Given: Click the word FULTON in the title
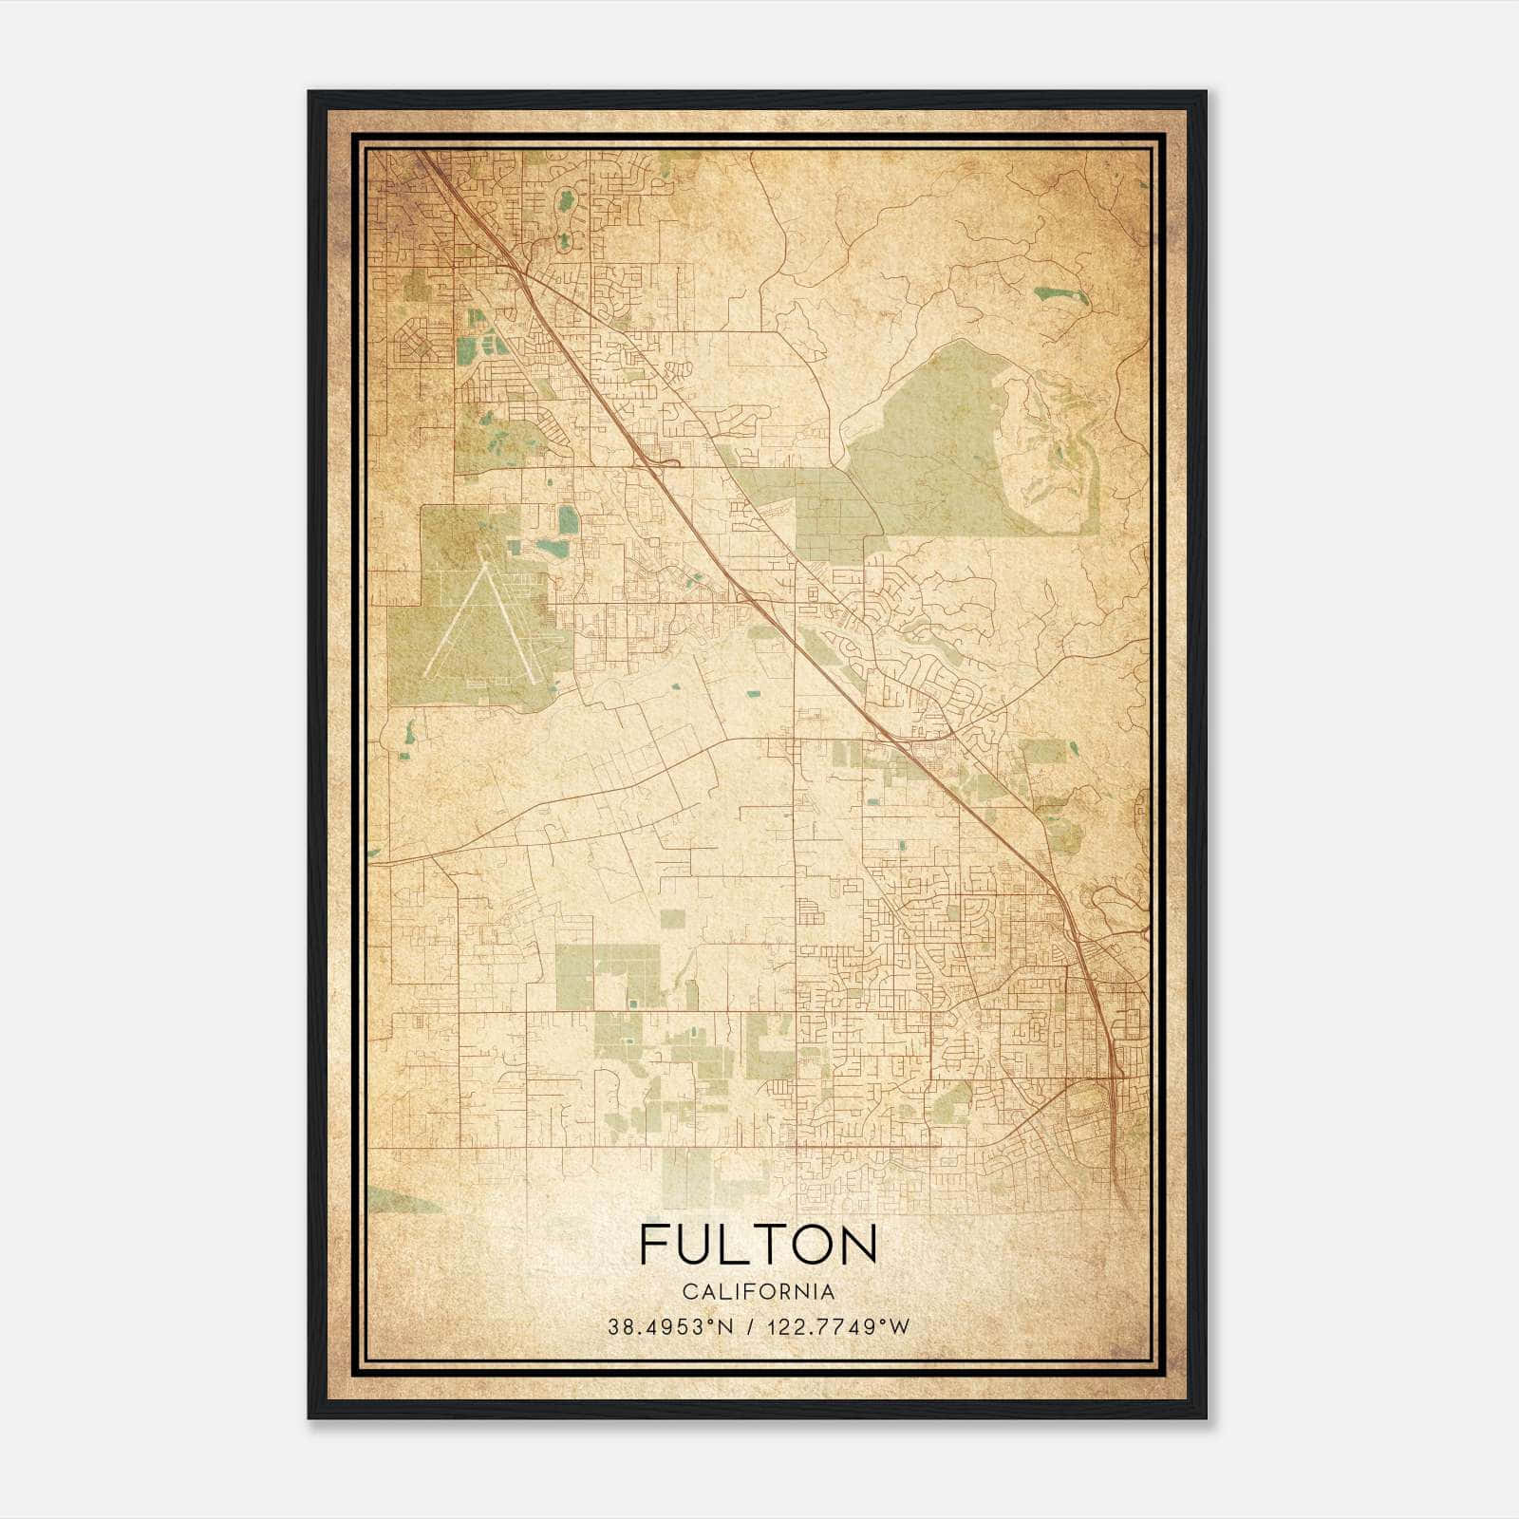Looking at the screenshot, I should click(758, 1245).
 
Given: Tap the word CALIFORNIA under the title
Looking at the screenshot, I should click(758, 1292).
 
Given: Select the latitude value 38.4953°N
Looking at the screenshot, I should click(671, 1326).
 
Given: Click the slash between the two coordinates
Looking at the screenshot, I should click(751, 1326).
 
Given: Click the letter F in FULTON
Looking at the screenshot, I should click(655, 1245).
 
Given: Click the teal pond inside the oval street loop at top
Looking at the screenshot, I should click(568, 201).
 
